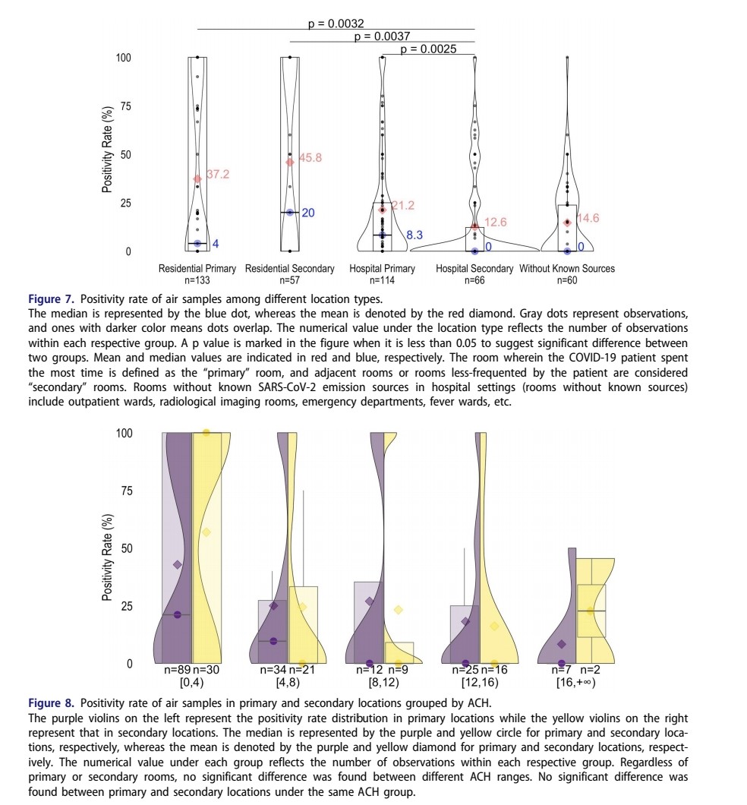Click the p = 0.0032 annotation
coord(336,24)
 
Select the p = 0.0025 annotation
coord(428,49)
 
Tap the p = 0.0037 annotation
coord(383,36)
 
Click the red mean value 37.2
coord(218,174)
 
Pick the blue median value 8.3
coord(414,235)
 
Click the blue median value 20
coord(308,213)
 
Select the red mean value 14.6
coord(588,218)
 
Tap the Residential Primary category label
coord(197,269)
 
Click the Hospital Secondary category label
coord(474,269)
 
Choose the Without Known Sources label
coord(567,269)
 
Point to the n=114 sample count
coord(382,279)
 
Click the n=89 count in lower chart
coord(178,671)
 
